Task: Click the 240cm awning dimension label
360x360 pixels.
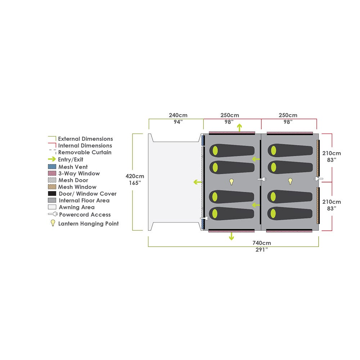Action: click(178, 116)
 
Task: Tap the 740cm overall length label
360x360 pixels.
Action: click(261, 243)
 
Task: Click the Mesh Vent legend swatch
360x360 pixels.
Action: click(52, 167)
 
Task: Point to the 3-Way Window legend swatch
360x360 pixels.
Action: click(52, 174)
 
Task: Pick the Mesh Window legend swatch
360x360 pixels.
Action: click(52, 187)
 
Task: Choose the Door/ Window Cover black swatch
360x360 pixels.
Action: click(52, 194)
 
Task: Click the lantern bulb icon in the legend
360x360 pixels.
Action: click(53, 223)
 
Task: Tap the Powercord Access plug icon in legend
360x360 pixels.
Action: click(53, 215)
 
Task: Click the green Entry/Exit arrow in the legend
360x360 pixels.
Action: click(52, 159)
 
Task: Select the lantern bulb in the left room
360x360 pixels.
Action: click(231, 181)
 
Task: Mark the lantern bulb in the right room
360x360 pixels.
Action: click(290, 181)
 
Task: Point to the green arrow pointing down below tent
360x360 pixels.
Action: click(231, 236)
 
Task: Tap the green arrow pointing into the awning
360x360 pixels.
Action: click(197, 182)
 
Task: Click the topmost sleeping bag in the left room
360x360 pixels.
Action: click(232, 150)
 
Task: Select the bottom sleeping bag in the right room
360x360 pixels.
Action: click(290, 213)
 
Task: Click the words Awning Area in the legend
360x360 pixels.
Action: click(77, 207)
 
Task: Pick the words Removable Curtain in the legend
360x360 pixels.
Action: click(85, 152)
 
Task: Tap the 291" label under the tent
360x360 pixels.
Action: click(261, 249)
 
